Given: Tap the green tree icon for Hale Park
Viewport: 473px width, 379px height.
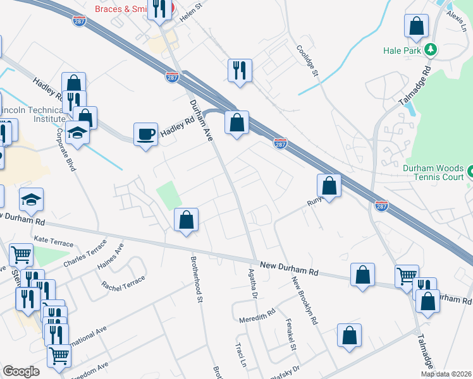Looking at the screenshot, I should pyautogui.click(x=431, y=49).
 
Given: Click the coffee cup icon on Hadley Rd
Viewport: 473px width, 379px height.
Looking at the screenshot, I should pyautogui.click(x=145, y=134).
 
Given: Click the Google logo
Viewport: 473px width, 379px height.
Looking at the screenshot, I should pyautogui.click(x=21, y=371).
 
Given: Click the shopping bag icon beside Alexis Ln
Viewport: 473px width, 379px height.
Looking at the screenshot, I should pyautogui.click(x=417, y=27).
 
